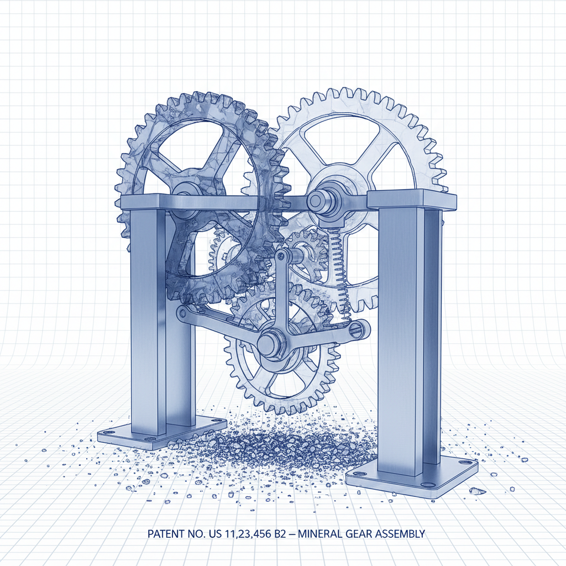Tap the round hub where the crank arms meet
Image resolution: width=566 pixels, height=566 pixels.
[269, 343]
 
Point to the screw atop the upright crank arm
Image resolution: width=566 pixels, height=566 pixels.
[282, 256]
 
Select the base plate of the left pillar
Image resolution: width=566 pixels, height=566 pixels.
[160, 431]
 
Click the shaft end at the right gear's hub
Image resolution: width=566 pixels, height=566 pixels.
[316, 199]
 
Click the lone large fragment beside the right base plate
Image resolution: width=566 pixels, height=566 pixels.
[474, 490]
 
